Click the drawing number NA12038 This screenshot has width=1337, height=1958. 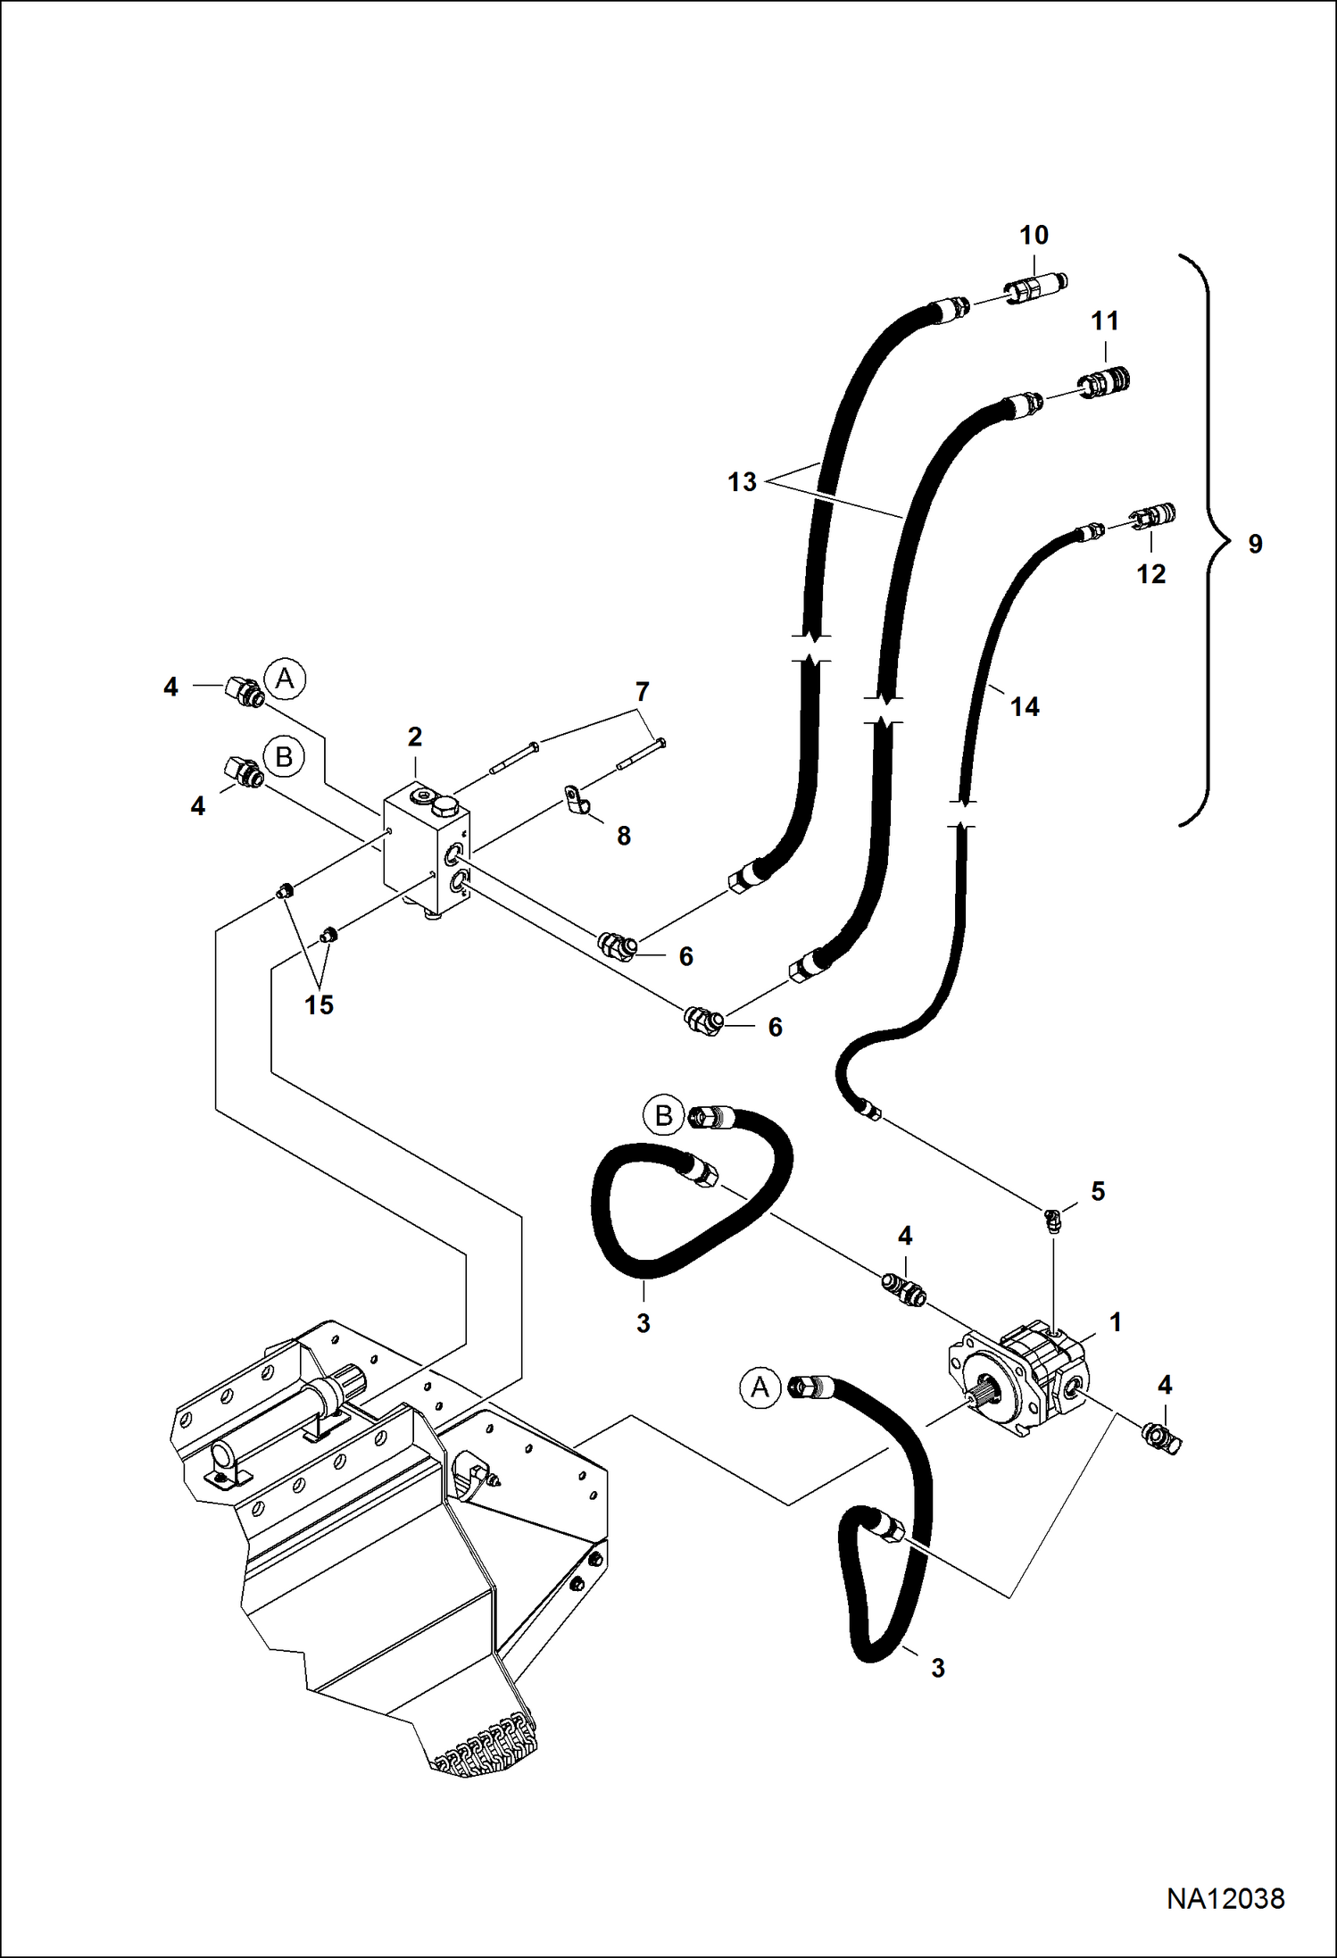pos(1225,1898)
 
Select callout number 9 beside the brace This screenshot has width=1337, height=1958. pos(1255,544)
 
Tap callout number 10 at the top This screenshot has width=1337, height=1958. pos(1034,236)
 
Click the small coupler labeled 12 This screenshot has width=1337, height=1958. pos(1154,516)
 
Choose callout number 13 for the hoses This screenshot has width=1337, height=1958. pos(742,482)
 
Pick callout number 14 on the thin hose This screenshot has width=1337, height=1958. pos(1025,707)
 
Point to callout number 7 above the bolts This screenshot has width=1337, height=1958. pos(642,691)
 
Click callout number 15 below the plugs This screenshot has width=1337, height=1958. pos(319,1005)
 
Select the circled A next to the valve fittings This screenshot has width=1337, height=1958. pos(285,679)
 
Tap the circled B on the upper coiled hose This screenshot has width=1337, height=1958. pos(663,1115)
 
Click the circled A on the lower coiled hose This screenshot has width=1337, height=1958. pos(760,1387)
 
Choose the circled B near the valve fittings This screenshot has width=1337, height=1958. pos(284,757)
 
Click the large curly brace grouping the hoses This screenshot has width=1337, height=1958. pos(1201,540)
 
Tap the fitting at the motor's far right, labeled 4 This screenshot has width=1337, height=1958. pos(1161,1436)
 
